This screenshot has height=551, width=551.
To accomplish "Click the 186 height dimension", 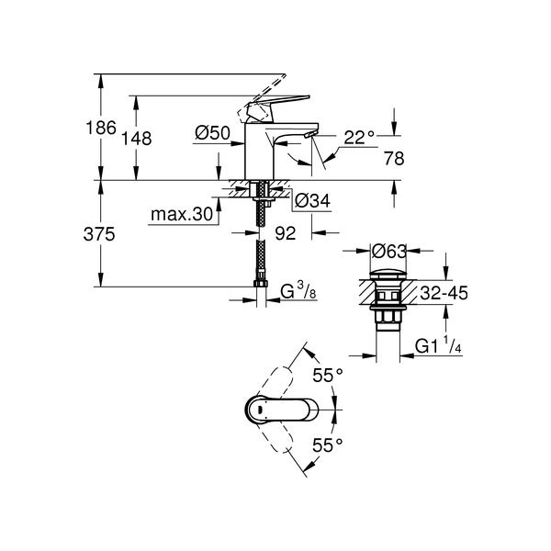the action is [x=101, y=128].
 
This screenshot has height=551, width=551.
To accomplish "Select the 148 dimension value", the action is [x=136, y=139].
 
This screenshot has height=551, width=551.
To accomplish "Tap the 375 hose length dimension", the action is [x=99, y=234].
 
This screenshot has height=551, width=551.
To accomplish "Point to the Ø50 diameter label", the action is [x=213, y=133].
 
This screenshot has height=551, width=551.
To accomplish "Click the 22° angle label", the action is [x=359, y=138].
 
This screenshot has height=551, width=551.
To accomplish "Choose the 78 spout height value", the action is [x=394, y=159].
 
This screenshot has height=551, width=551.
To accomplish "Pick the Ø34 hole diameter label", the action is [x=312, y=201].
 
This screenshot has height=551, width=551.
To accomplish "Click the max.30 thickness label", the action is [x=182, y=214].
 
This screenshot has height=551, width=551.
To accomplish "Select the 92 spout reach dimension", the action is [x=286, y=233].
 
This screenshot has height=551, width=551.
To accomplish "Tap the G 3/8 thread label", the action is [x=298, y=291].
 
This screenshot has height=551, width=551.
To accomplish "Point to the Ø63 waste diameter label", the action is [x=389, y=252].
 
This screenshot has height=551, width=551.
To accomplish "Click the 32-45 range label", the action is [x=444, y=293].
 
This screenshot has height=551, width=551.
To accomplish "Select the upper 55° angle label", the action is [x=328, y=376].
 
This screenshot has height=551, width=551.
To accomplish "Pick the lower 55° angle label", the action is [x=328, y=445].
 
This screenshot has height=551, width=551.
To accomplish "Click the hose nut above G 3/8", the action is [x=261, y=283].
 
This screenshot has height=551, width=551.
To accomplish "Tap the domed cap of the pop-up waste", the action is [x=388, y=275].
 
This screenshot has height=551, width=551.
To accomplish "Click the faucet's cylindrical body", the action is [x=259, y=152].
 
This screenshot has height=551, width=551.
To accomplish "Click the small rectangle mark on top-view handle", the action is [x=261, y=410].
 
